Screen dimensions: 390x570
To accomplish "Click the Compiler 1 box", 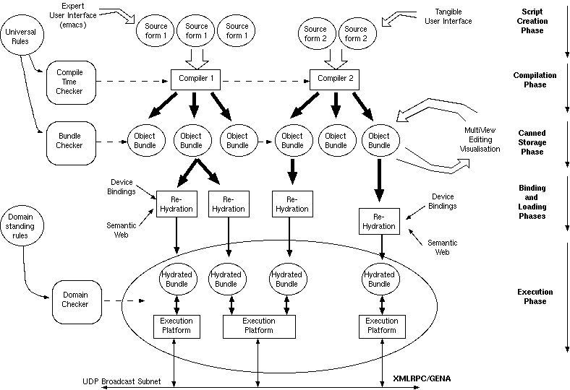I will click(194, 77).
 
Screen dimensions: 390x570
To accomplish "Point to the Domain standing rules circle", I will click(21, 225).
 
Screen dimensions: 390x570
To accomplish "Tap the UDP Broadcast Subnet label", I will click(121, 381).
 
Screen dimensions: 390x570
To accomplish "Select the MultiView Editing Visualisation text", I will click(480, 140).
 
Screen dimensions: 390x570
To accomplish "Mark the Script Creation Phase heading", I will click(534, 21).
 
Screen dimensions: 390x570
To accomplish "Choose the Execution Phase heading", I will click(535, 296).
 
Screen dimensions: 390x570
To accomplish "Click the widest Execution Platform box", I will click(259, 326).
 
